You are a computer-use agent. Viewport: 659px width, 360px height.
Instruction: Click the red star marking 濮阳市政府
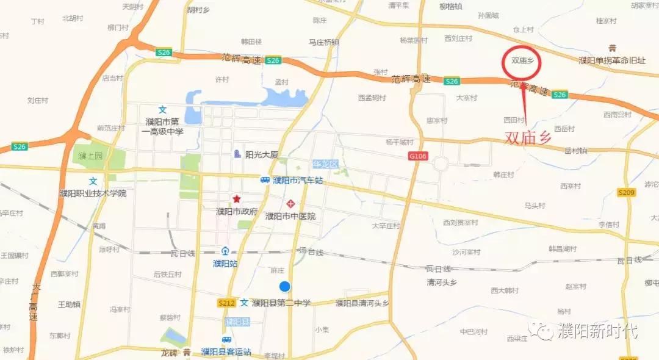pos(236,199)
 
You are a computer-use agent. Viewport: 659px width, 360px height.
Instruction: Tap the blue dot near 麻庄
pos(284,286)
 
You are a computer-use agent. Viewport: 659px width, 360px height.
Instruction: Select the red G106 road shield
pos(418,157)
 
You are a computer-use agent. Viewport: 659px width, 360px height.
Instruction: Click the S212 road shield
pos(226,303)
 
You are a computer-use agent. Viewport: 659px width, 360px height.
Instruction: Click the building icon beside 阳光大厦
pos(237,154)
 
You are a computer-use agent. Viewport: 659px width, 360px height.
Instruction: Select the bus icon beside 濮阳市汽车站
pos(265,180)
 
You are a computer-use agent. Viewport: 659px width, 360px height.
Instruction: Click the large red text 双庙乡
pos(528,138)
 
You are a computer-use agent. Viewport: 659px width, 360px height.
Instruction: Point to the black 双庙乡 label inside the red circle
pos(522,61)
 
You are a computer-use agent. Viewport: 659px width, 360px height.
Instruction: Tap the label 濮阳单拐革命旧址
pos(611,60)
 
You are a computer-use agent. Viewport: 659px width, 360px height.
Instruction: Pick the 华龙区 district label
pos(325,164)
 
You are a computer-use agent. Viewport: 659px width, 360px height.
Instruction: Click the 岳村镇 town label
pos(575,150)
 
